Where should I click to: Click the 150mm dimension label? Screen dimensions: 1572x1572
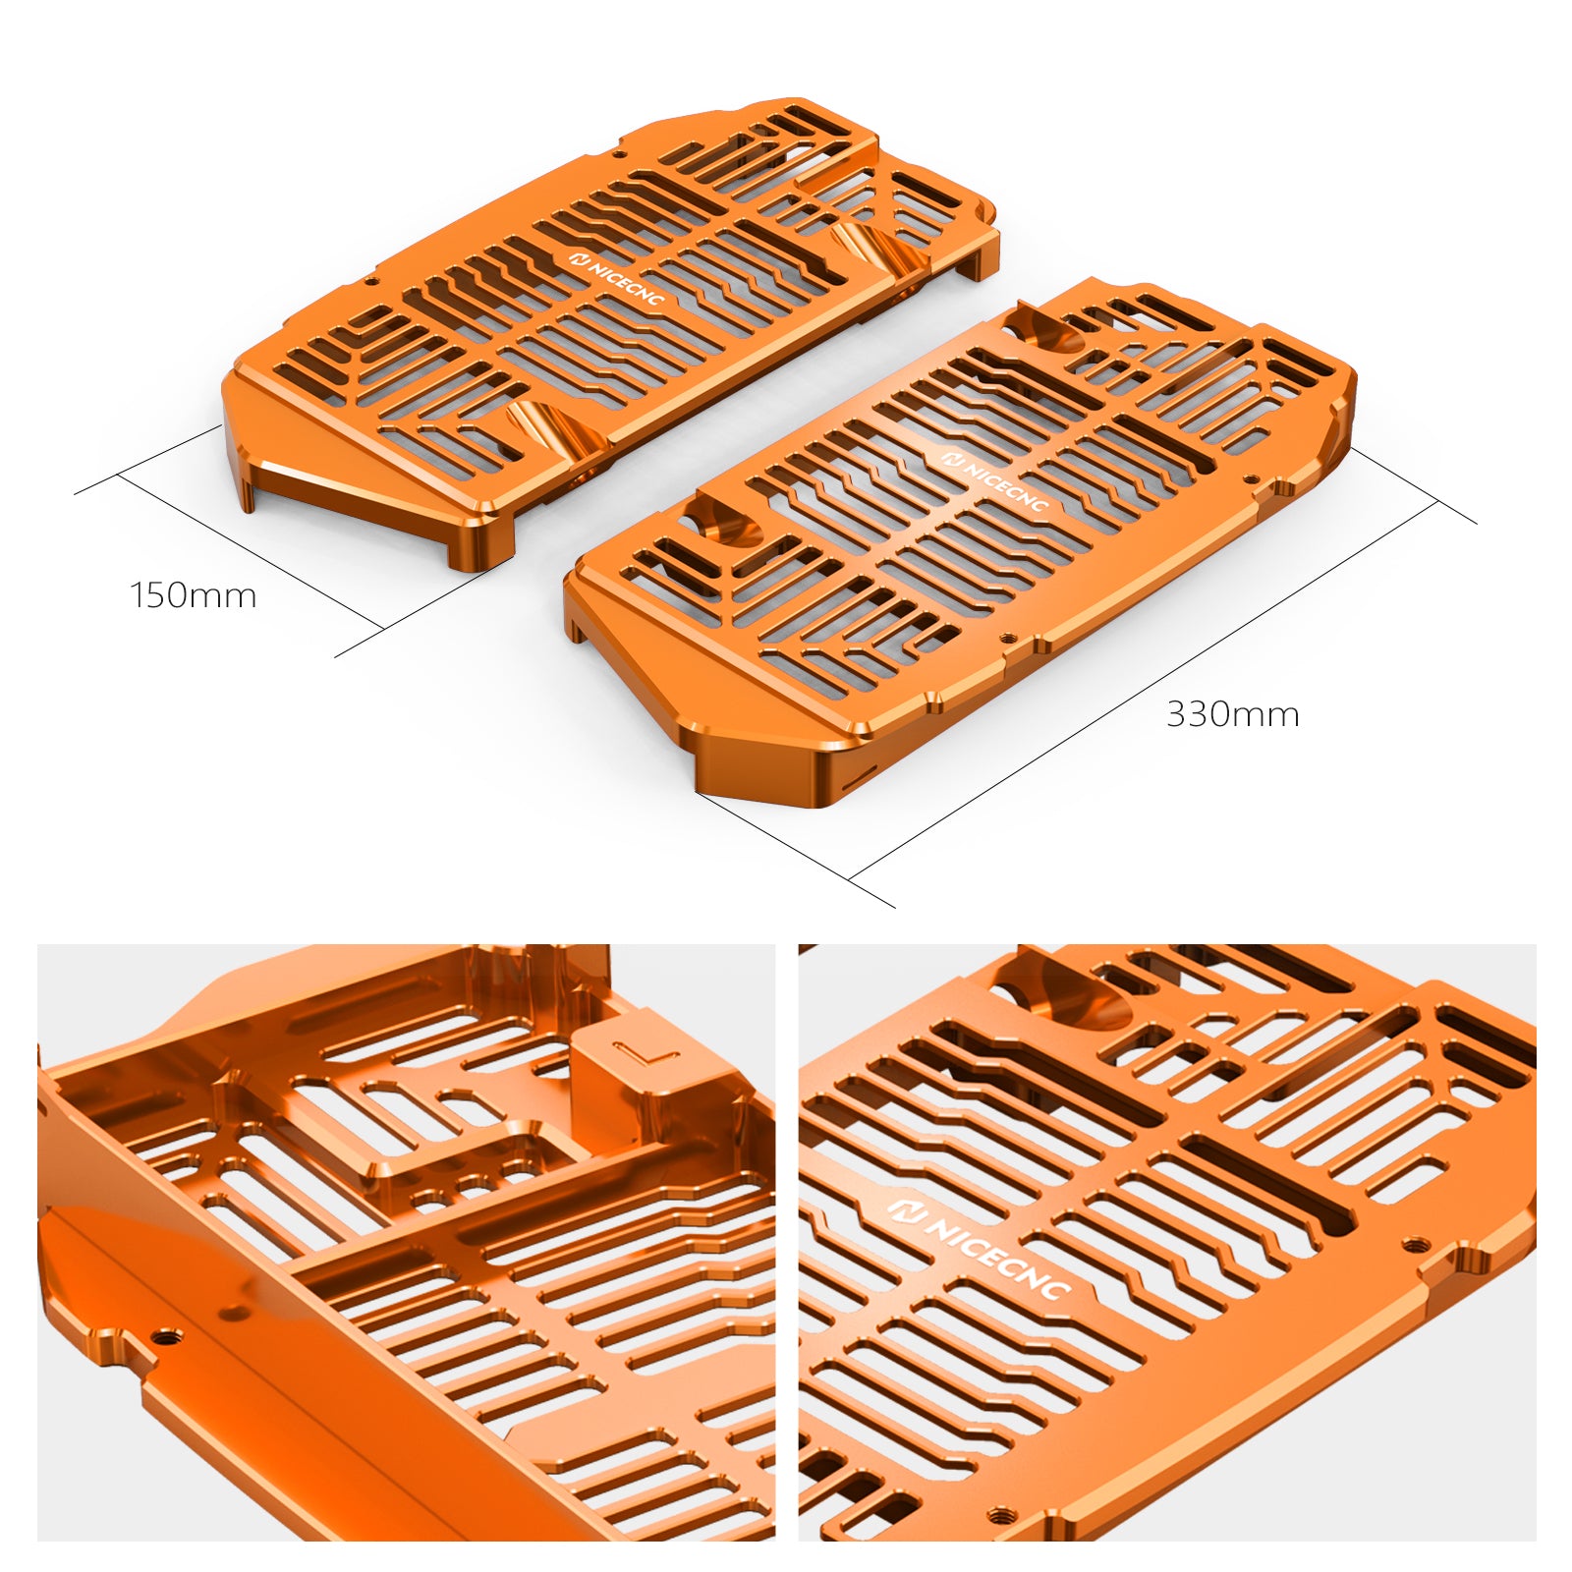[194, 595]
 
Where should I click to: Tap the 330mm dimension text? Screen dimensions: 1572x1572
[1232, 714]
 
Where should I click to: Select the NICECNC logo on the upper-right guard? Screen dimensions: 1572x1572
[994, 480]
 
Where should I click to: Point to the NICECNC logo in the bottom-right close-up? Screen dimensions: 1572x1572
[979, 1248]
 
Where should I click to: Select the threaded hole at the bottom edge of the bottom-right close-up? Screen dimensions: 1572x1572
[1003, 1515]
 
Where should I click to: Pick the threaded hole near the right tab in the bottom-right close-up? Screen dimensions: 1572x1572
[1414, 1245]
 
